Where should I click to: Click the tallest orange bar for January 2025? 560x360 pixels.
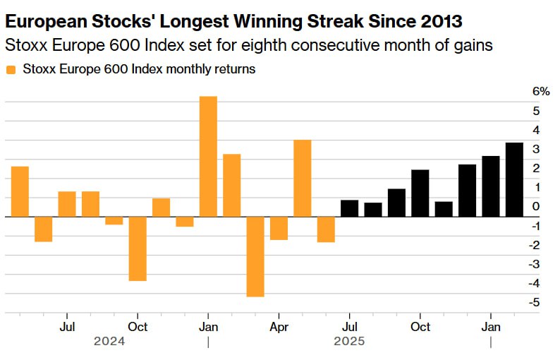pyautogui.click(x=208, y=156)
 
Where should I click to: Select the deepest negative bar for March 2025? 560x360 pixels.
pyautogui.click(x=255, y=256)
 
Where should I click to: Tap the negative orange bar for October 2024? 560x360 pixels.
pyautogui.click(x=138, y=248)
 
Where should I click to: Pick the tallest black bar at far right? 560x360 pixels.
pyautogui.click(x=514, y=179)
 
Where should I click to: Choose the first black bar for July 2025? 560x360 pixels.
pyautogui.click(x=349, y=208)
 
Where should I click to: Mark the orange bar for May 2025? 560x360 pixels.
pyautogui.click(x=303, y=178)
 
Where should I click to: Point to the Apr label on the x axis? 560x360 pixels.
pyautogui.click(x=279, y=327)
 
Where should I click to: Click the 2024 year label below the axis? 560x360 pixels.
pyautogui.click(x=109, y=342)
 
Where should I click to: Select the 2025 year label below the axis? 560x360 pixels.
pyautogui.click(x=349, y=342)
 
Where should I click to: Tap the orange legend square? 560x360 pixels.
pyautogui.click(x=11, y=69)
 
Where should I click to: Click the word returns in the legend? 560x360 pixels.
pyautogui.click(x=236, y=69)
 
